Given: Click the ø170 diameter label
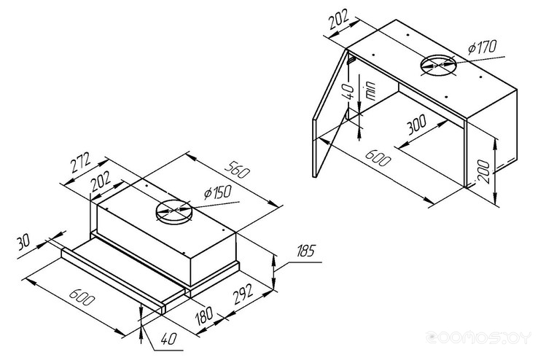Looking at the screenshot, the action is tap(483, 47).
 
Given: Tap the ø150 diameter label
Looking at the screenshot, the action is tap(218, 192).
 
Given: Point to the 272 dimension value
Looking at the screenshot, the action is tap(81, 163).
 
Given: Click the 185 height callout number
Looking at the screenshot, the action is tap(305, 251).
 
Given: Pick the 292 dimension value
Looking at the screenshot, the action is tap(243, 294).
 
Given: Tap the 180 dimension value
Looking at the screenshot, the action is tap(204, 316).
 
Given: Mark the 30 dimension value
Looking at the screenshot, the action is tap(23, 242).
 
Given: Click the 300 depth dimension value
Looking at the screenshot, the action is tap(416, 125).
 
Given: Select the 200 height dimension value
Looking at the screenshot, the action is tap(483, 172).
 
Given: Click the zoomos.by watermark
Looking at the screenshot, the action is tap(479, 337).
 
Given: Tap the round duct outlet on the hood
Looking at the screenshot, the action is tap(173, 211).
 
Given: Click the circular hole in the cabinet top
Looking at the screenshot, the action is tap(438, 65).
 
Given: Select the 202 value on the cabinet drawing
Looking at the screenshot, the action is tap(338, 20).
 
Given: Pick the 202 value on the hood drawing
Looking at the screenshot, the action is tap(101, 181).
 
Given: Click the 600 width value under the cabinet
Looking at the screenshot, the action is tap(378, 157).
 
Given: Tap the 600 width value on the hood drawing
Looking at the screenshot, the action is tap(82, 297).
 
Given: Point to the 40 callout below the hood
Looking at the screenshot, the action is tap(169, 338).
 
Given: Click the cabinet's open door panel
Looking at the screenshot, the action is tap(331, 114).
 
